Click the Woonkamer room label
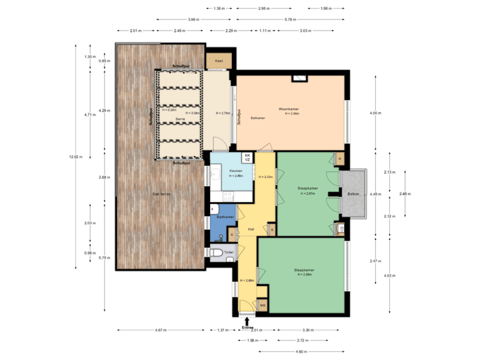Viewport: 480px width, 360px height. pos(290,109)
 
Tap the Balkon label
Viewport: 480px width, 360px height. pos(353,194)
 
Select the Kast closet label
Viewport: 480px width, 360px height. pos(219,61)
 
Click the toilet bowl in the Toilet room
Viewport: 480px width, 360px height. pos(216,253)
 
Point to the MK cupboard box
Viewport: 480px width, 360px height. pos(262,306)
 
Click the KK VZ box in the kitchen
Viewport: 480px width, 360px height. pos(247,157)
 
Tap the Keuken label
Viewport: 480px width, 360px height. pos(235,171)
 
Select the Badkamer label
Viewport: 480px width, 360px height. pos(225,217)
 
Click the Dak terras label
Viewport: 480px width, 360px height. pos(162,193)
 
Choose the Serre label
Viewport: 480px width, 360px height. pos(180,119)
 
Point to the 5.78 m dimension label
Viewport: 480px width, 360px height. pos(290,19)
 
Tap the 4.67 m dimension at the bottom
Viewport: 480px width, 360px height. pos(161,330)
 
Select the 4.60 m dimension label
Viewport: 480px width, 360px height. pos(301,351)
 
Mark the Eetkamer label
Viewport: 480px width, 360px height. pos(258,118)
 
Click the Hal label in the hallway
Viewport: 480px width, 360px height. pos(251,229)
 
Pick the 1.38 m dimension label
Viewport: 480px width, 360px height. pos(219,9)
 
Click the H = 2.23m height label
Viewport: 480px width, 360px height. pos(266,177)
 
